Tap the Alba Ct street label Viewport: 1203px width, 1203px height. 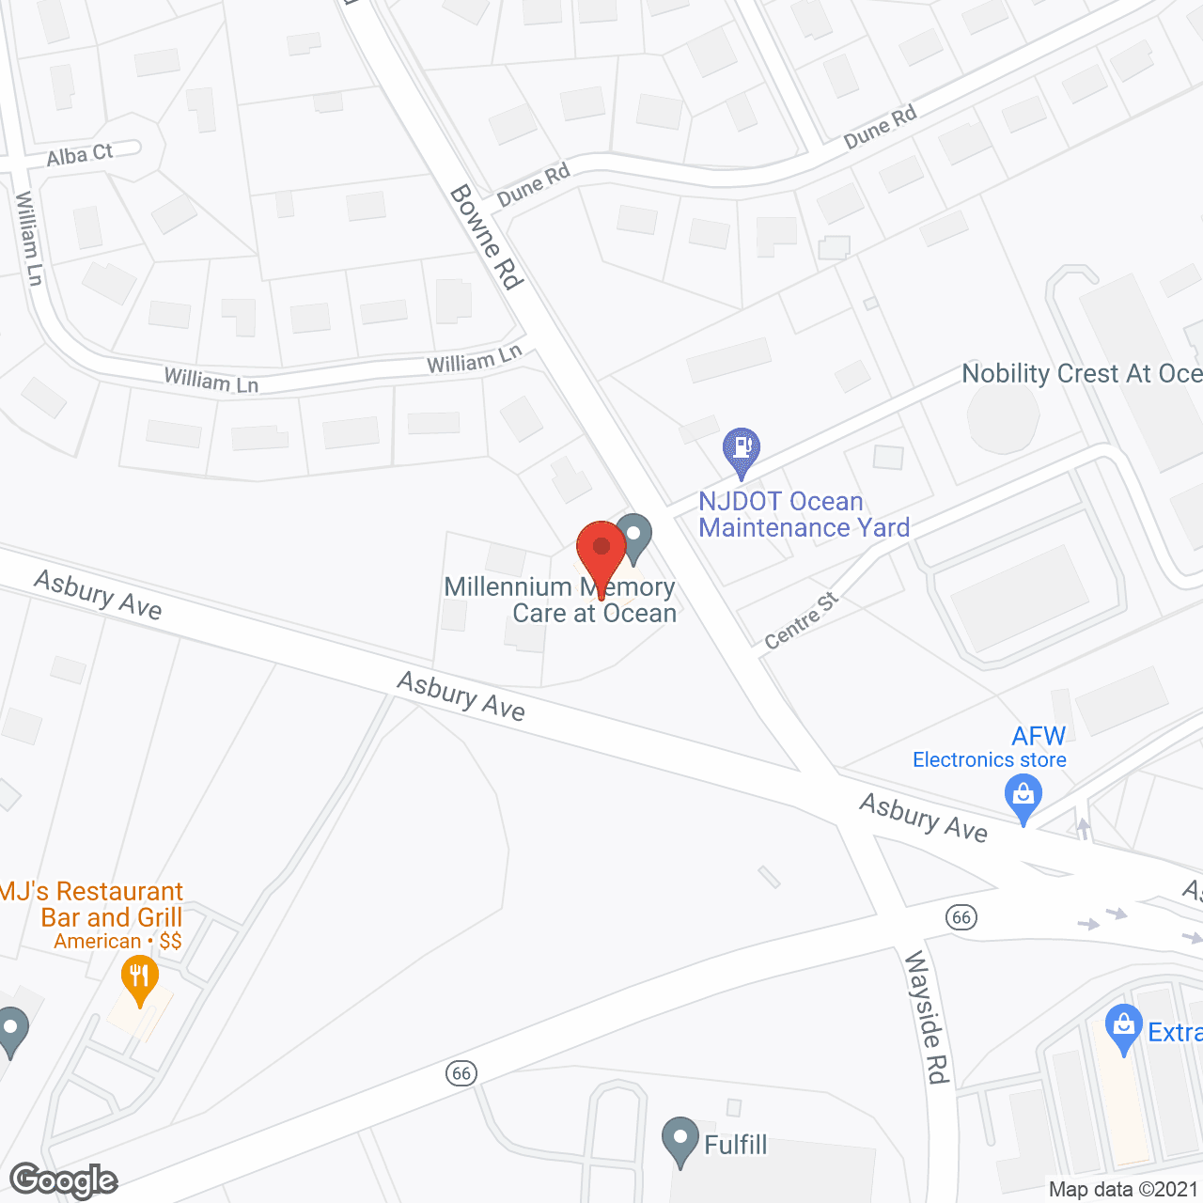[x=80, y=155]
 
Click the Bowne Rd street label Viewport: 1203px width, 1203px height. [x=486, y=237]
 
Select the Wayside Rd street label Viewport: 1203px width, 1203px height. [x=927, y=1017]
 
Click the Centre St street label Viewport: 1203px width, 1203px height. [x=801, y=621]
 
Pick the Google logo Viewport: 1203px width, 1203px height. [x=64, y=1180]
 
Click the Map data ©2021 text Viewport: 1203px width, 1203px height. [x=1123, y=1190]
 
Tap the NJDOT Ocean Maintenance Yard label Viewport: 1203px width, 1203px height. [x=804, y=515]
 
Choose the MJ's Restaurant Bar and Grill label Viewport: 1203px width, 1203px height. [x=92, y=904]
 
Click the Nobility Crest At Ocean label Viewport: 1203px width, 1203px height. [x=1081, y=374]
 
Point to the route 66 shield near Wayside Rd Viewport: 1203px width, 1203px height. [x=961, y=917]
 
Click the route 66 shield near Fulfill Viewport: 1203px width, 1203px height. [x=461, y=1073]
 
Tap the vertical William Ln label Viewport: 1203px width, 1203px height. [x=29, y=239]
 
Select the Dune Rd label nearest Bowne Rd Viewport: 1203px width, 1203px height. [x=533, y=185]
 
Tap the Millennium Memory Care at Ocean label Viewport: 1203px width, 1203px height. [x=560, y=600]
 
